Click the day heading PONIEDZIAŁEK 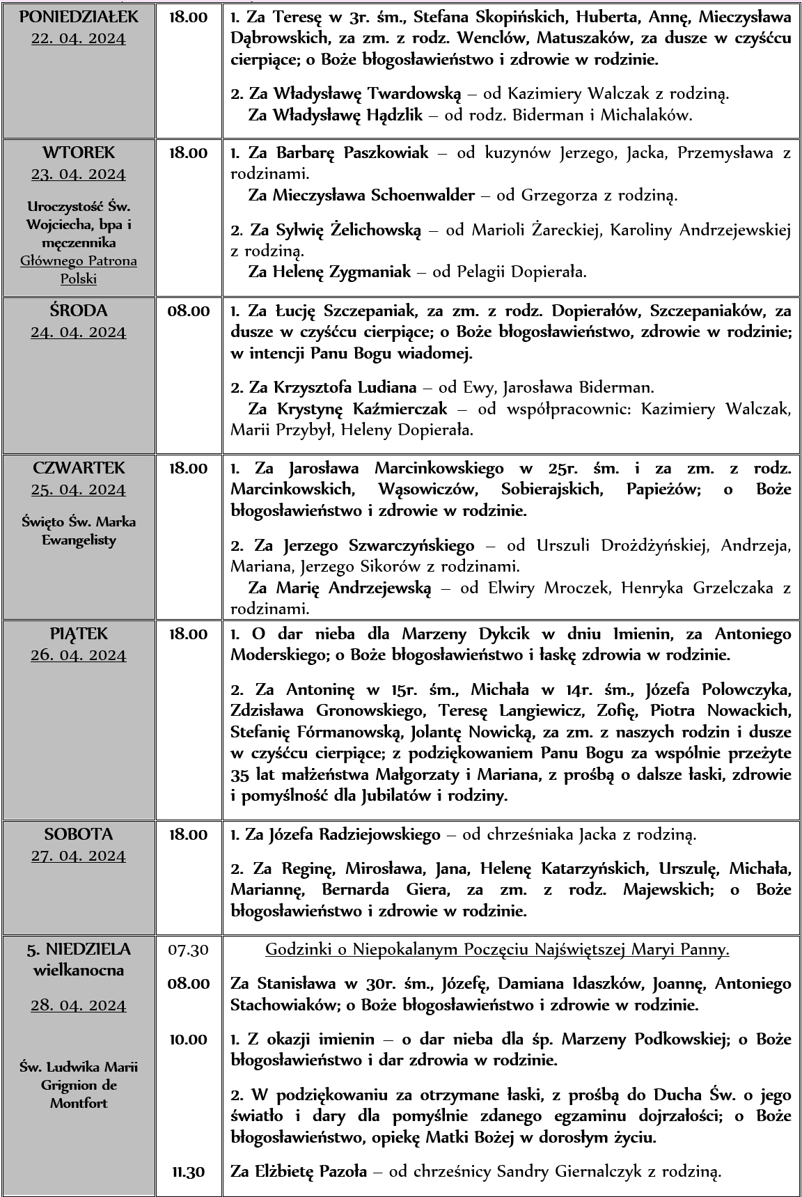point(79,17)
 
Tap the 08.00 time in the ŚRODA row point(188,311)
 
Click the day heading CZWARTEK point(79,467)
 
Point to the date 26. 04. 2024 point(79,655)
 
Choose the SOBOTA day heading point(79,834)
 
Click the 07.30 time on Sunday point(188,949)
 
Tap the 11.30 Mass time point(188,1172)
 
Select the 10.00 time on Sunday point(188,1040)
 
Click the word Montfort point(79,1104)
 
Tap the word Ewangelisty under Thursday point(79,540)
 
